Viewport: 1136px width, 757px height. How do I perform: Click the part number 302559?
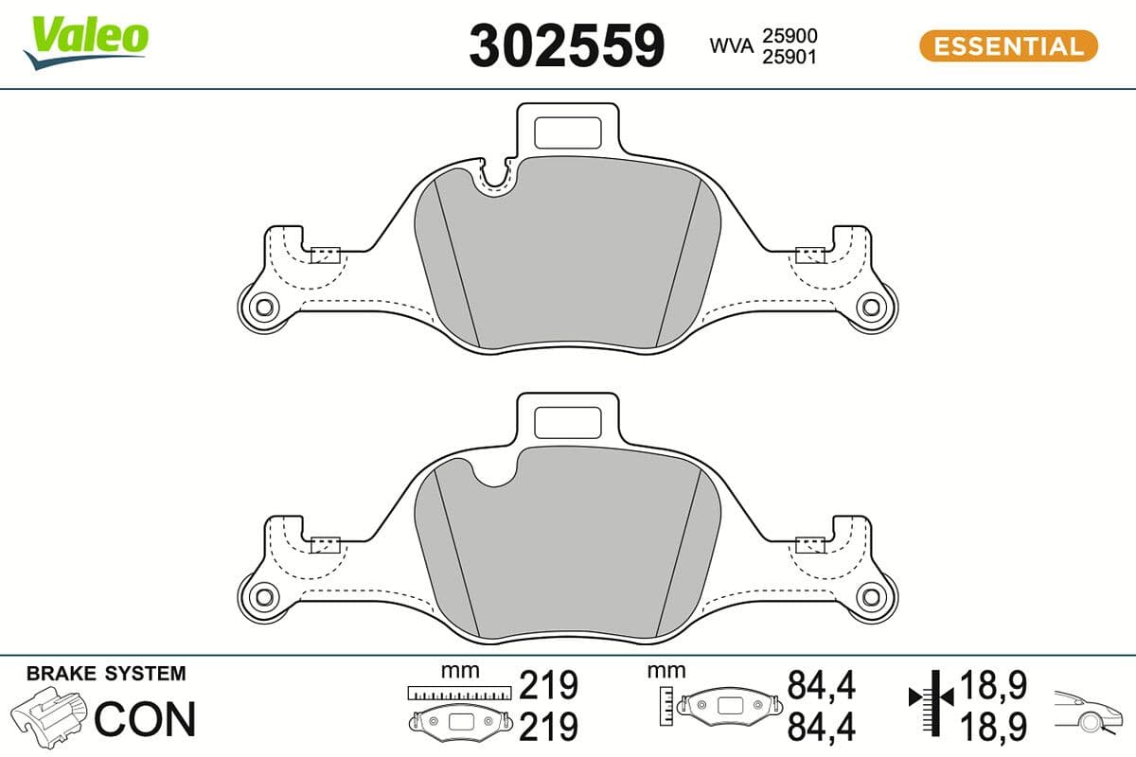pyautogui.click(x=567, y=45)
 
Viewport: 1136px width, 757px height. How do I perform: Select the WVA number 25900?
pyautogui.click(x=791, y=36)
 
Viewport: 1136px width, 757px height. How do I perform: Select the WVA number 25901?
pyautogui.click(x=791, y=57)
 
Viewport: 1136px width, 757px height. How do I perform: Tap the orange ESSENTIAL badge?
pyautogui.click(x=1008, y=45)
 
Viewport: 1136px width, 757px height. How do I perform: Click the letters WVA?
pyautogui.click(x=731, y=46)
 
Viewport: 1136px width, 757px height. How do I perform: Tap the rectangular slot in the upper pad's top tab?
pyautogui.click(x=568, y=132)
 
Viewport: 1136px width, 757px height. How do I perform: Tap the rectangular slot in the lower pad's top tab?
pyautogui.click(x=568, y=421)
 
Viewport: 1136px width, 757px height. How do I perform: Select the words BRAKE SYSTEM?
pyautogui.click(x=106, y=674)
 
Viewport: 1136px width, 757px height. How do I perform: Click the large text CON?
pyautogui.click(x=145, y=718)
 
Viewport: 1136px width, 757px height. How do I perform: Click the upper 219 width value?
pyautogui.click(x=549, y=685)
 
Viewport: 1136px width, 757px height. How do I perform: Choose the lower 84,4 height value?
pyautogui.click(x=822, y=727)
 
